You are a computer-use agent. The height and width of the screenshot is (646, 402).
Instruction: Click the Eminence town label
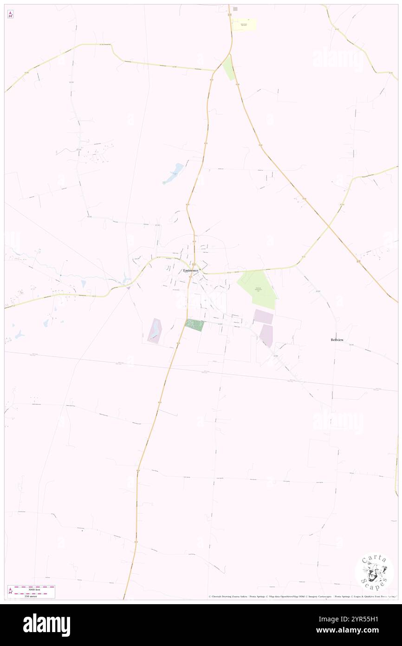190,270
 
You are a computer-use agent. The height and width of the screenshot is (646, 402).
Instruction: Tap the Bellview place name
337,340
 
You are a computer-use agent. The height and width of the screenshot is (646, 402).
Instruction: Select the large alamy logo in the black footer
46,625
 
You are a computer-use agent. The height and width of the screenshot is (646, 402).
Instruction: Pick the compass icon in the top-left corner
11,14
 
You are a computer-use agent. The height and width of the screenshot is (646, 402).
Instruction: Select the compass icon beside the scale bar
11,591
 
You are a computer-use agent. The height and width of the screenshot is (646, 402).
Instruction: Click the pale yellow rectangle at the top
244,25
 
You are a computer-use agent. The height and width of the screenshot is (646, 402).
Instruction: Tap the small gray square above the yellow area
235,9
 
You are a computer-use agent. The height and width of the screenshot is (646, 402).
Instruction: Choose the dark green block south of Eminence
195,325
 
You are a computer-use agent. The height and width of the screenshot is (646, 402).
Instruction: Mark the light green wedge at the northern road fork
228,68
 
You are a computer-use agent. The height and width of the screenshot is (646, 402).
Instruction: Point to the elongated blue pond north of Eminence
173,173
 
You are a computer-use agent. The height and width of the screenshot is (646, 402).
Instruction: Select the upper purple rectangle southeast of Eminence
263,316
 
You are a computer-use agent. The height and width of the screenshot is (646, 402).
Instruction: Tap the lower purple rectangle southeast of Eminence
266,335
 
